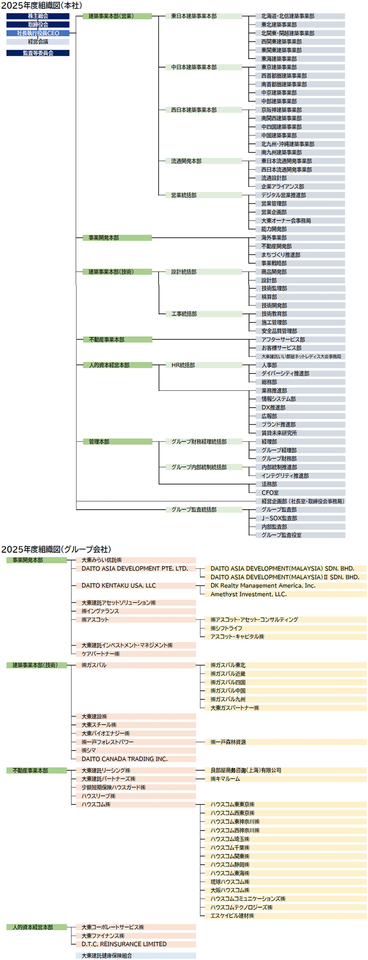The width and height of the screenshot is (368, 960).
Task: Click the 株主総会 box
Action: coord(38,16)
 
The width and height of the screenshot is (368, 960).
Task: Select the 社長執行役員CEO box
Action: coord(38,33)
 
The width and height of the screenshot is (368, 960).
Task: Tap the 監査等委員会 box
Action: coord(38,53)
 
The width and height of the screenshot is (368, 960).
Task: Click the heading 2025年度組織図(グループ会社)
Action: coord(56,549)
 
